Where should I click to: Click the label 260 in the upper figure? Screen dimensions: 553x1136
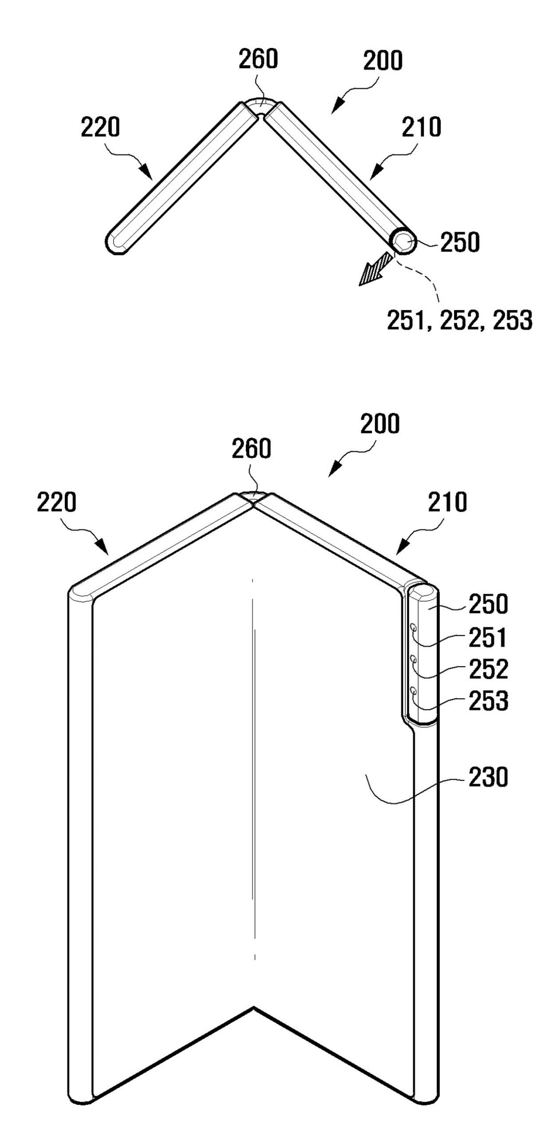pyautogui.click(x=258, y=59)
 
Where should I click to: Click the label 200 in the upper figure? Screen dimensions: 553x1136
pyautogui.click(x=383, y=61)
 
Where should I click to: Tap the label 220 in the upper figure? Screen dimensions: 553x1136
pyautogui.click(x=100, y=127)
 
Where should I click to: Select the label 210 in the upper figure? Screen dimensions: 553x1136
pyautogui.click(x=422, y=127)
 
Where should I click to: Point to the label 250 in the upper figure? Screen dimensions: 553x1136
pyautogui.click(x=460, y=242)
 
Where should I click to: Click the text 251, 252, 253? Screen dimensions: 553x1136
pyautogui.click(x=459, y=320)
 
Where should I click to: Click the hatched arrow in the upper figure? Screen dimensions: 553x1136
pyautogui.click(x=375, y=269)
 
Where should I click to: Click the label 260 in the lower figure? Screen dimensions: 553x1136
pyautogui.click(x=251, y=448)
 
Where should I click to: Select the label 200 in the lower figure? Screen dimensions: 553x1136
pyautogui.click(x=380, y=424)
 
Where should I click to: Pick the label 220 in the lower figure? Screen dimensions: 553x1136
pyautogui.click(x=56, y=502)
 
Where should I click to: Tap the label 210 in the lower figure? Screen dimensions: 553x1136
pyautogui.click(x=447, y=502)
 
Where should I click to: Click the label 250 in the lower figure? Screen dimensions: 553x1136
pyautogui.click(x=488, y=604)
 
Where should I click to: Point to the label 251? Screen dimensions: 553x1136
pyautogui.click(x=488, y=638)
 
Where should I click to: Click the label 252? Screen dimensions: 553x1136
pyautogui.click(x=488, y=669)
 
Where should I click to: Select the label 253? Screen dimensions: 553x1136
pyautogui.click(x=488, y=701)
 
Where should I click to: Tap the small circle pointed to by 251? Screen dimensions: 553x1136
pyautogui.click(x=414, y=627)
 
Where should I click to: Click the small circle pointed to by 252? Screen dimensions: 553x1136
pyautogui.click(x=414, y=659)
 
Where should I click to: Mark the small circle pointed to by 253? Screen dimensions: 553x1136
pyautogui.click(x=414, y=690)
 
